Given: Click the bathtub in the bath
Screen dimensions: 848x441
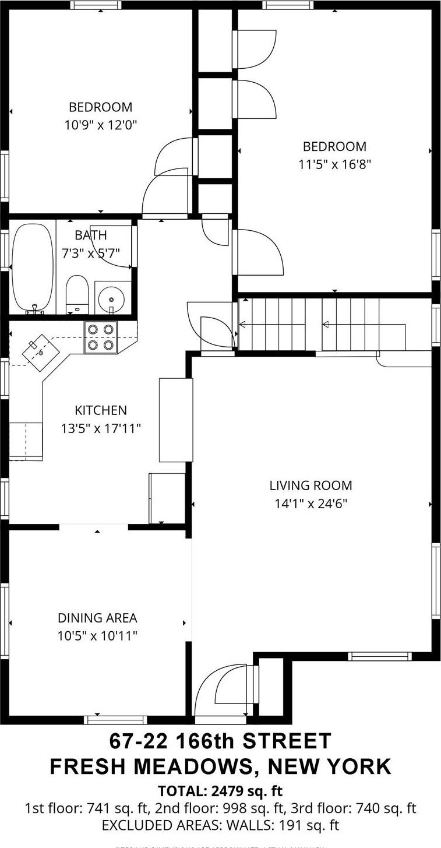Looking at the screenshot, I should pos(33,268).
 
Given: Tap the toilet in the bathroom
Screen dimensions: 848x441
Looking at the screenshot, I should pos(76,295).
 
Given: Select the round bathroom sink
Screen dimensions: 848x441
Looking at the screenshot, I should pos(111,299).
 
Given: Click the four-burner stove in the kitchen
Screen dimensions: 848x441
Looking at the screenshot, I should pos(100,337).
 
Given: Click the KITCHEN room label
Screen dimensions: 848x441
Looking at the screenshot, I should pos(101,410).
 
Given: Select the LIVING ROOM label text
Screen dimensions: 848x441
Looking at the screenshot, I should pos(311,485).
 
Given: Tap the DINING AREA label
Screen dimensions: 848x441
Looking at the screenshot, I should pos(97,618).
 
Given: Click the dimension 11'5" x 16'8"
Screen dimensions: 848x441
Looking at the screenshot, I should pos(334,164).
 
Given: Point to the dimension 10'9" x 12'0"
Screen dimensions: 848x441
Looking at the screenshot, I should pos(101,125).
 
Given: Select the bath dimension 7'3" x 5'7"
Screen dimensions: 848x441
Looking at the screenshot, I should pos(91,254).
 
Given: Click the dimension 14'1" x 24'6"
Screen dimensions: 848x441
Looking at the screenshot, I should pos(311,504).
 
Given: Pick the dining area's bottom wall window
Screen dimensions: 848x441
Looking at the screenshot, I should pos(115,720).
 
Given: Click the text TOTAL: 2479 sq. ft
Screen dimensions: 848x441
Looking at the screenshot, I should pos(220,791).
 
